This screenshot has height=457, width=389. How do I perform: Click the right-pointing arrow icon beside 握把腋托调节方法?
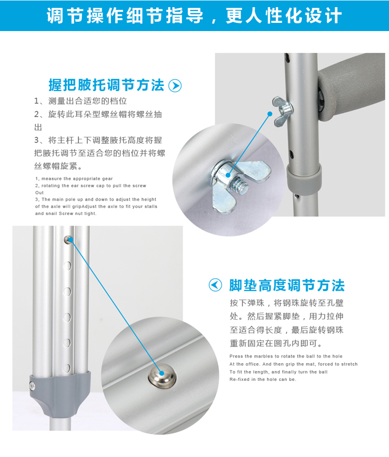click(x=175, y=85)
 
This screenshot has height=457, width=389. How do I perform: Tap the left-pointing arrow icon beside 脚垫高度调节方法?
click(x=215, y=285)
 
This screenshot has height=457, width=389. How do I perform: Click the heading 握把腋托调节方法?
click(x=106, y=85)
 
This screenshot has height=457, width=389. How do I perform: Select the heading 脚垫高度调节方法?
click(x=287, y=285)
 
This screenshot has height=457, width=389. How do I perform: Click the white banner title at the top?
click(x=194, y=16)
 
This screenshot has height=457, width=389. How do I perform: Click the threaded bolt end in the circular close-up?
click(x=241, y=184)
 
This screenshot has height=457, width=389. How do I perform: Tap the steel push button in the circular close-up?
click(x=162, y=377)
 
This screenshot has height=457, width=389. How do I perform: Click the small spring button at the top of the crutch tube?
click(x=69, y=239)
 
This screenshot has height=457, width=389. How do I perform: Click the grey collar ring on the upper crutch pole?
click(x=303, y=178)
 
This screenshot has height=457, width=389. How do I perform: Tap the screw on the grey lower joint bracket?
click(x=32, y=387)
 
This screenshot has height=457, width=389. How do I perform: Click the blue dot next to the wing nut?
click(x=270, y=113)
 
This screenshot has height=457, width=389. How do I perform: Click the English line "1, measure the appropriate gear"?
click(x=74, y=179)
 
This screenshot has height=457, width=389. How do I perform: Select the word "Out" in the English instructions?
click(x=39, y=193)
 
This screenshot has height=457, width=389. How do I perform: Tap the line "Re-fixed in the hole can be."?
click(x=262, y=379)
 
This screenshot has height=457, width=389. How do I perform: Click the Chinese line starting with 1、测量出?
click(x=80, y=101)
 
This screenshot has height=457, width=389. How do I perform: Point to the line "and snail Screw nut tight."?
click(x=66, y=213)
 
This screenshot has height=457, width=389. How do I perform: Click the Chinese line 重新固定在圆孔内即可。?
click(x=276, y=344)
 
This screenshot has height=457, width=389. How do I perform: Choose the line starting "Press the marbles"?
click(x=286, y=356)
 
